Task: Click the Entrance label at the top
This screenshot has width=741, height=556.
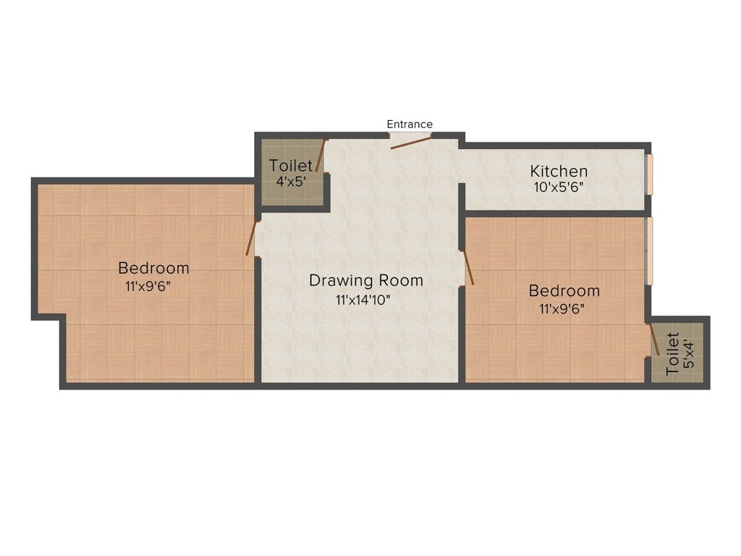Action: [410, 125]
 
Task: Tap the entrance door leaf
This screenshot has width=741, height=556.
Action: [411, 142]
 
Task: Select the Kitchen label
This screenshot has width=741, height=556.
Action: [559, 172]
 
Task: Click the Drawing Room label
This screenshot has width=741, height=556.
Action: [365, 280]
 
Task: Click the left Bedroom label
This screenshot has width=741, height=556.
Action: [153, 268]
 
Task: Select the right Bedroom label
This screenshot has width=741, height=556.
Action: [564, 291]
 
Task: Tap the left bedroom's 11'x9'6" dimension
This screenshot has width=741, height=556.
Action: [148, 286]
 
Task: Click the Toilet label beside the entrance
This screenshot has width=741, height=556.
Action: [291, 167]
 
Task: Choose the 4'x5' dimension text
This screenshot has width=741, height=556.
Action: [291, 182]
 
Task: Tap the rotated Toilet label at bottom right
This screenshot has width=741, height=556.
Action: [672, 353]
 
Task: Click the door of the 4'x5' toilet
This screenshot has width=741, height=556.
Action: [321, 156]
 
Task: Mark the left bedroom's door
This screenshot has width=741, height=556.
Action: [251, 239]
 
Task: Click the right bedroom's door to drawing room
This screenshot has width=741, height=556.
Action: [468, 266]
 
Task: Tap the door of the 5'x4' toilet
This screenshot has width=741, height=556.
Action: [653, 338]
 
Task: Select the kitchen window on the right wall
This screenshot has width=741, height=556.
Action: [649, 174]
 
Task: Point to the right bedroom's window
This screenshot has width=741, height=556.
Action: [649, 250]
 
